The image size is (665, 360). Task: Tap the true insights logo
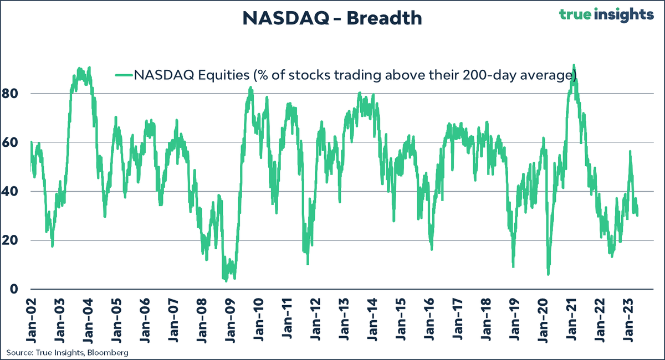606,14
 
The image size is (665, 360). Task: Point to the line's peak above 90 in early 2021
574,65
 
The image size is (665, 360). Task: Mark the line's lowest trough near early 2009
226,280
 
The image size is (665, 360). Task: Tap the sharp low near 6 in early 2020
548,274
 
